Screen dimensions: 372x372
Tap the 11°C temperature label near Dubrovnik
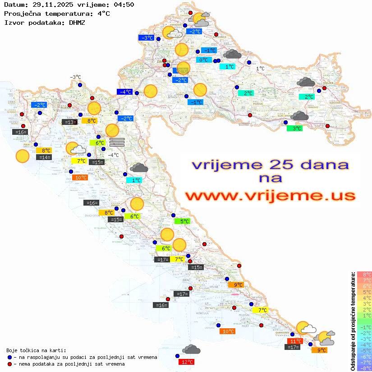296,341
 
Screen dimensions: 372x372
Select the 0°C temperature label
203,60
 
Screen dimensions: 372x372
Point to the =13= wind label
69,122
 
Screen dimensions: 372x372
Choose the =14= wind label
45,157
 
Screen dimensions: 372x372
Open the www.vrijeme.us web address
270,196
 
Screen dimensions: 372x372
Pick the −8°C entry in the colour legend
364,368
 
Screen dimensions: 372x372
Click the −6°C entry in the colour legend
364,356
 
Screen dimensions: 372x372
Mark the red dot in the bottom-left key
10,363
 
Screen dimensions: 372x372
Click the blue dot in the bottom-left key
10,357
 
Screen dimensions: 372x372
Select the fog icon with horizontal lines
117,142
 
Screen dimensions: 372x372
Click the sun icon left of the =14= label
22,156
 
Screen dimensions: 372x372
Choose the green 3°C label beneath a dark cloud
294,129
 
